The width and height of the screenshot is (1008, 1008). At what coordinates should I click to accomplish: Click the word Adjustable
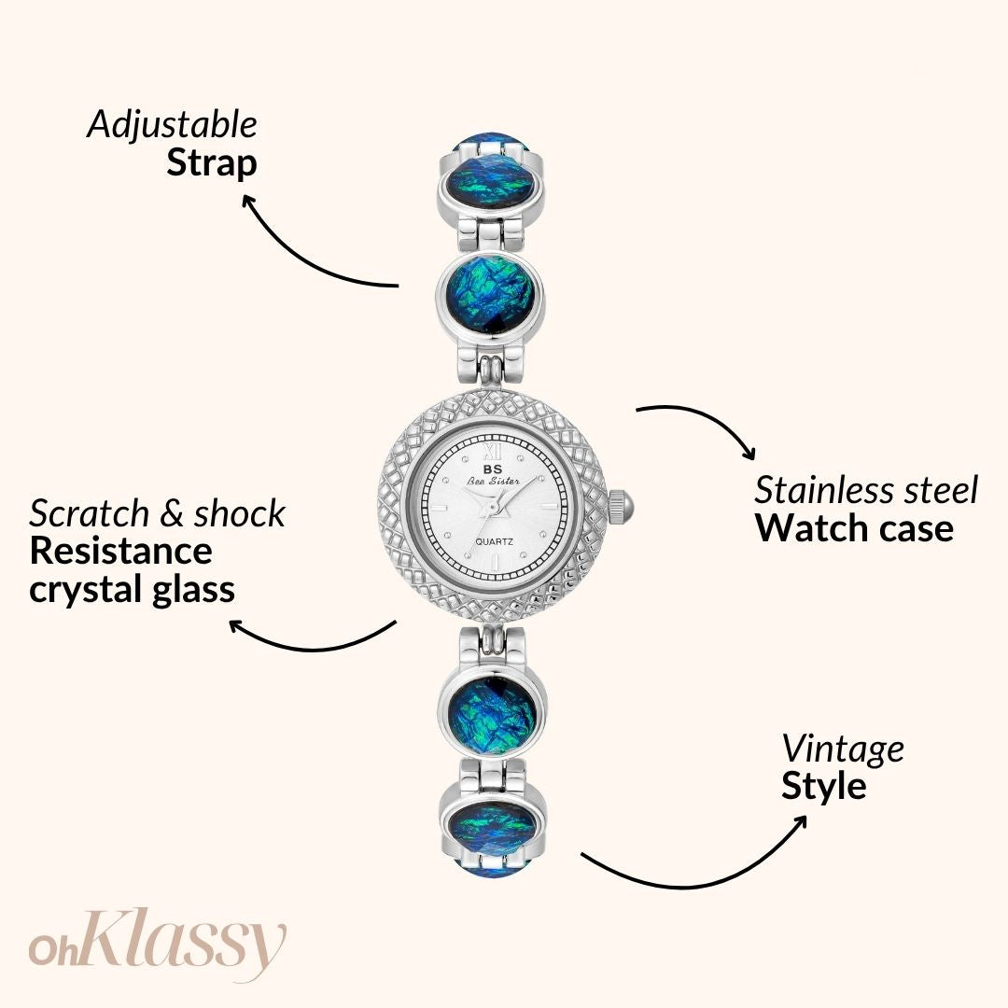173,124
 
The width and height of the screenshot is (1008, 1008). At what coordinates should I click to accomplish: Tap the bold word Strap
212,163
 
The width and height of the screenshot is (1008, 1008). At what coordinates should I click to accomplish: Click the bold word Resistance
120,551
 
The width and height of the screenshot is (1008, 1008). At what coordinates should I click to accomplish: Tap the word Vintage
843,749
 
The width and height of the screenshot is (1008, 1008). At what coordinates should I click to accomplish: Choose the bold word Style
824,786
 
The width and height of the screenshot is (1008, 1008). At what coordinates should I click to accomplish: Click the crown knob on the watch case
621,506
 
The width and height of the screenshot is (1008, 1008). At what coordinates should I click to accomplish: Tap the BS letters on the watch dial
493,469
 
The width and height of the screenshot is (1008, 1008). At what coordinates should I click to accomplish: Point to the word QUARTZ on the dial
495,542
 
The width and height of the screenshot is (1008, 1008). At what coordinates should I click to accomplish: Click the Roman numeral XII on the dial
493,448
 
